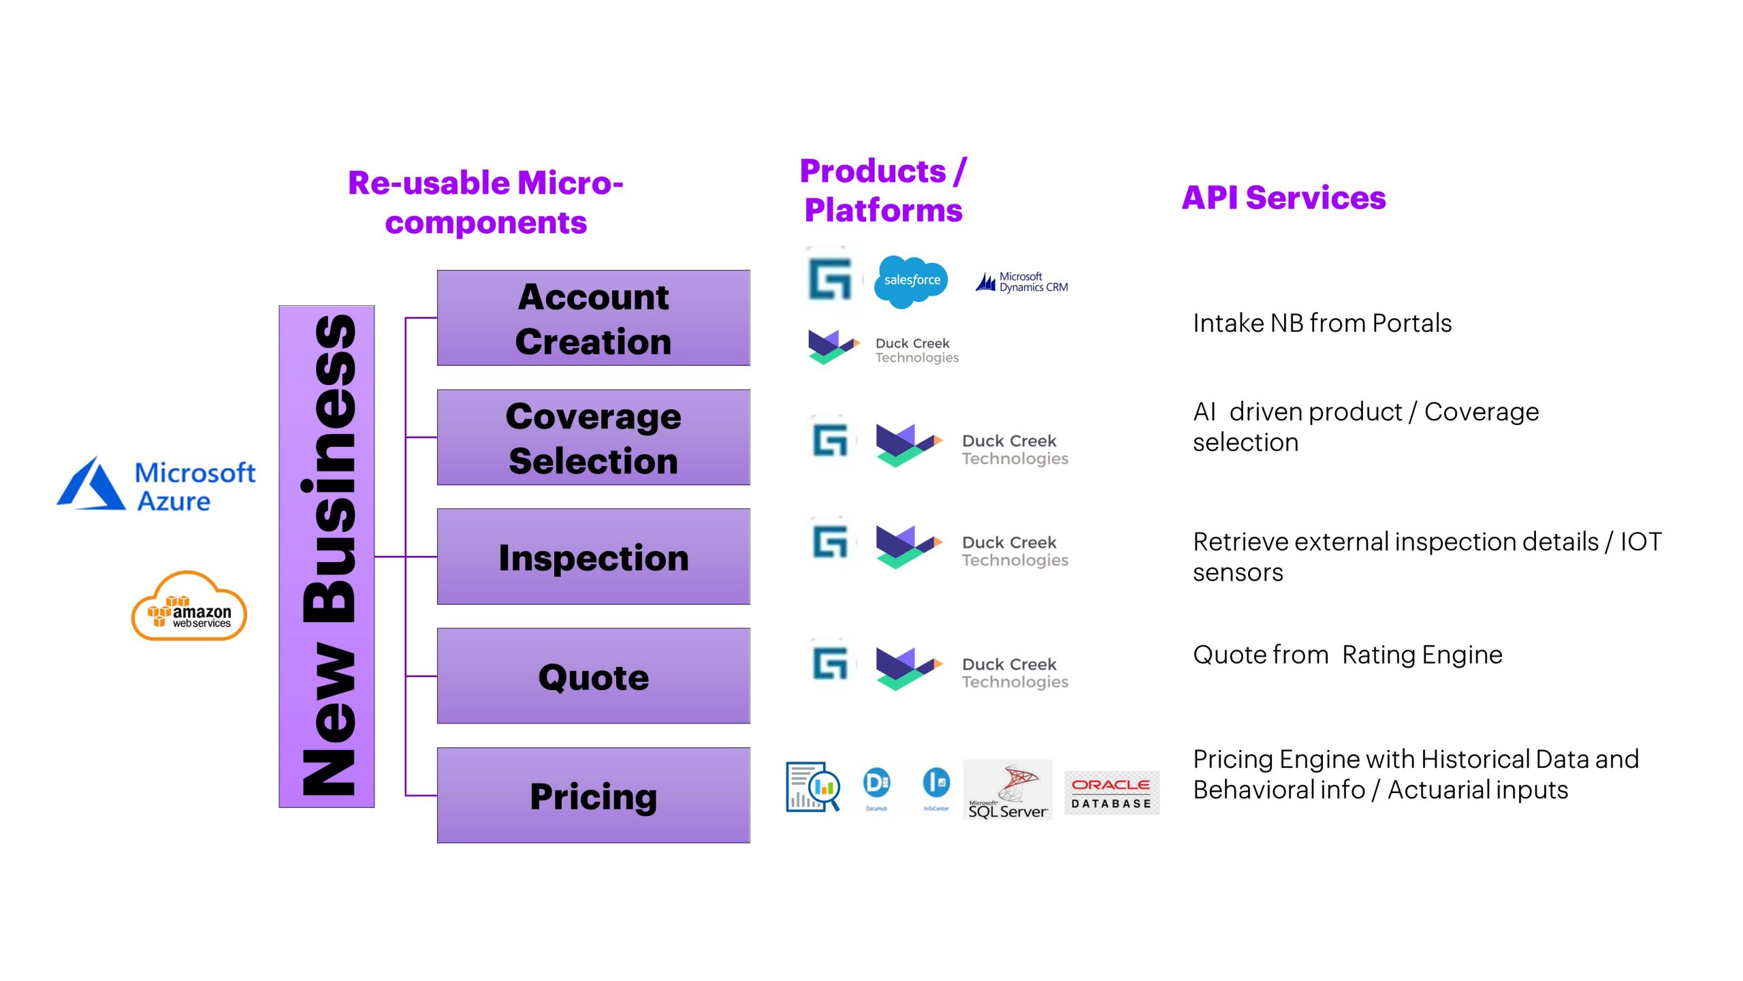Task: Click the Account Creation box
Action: pos(593,318)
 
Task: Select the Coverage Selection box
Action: pos(593,437)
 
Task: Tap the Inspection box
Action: pos(593,557)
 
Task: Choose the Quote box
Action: pos(593,676)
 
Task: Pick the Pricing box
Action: pos(593,795)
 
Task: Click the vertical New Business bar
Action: pos(327,557)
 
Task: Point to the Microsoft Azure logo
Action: pos(157,485)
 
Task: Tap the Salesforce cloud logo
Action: pos(911,281)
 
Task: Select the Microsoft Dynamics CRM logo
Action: pos(1022,282)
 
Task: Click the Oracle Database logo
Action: pos(1111,793)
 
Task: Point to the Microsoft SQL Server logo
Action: pos(1008,790)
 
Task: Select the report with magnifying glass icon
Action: pos(813,787)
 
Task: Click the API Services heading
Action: pos(1283,198)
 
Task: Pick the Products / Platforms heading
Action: pos(883,190)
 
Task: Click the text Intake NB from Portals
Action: pos(1322,324)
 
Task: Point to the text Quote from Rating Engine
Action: pos(1347,655)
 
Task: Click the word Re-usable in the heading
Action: pos(429,183)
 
